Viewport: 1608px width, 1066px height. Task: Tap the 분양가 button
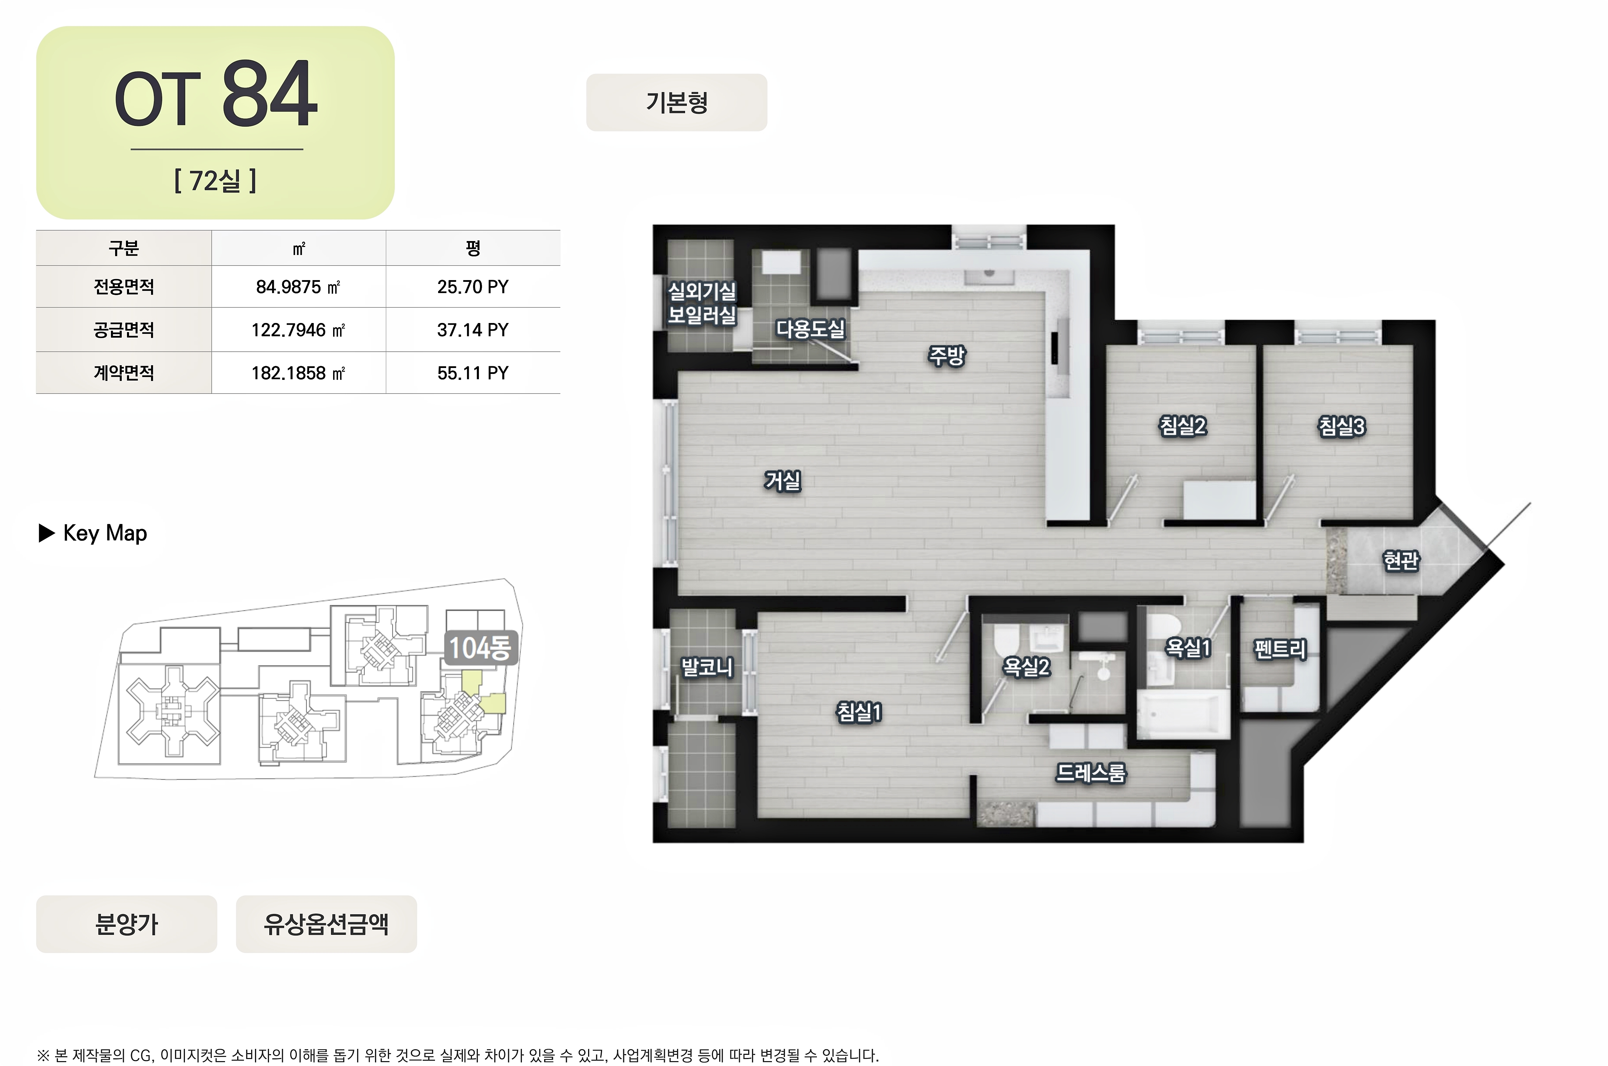[126, 924]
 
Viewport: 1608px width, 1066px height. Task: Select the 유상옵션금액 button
[326, 924]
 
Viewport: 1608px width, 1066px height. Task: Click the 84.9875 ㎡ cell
[298, 287]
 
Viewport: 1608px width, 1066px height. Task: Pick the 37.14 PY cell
[473, 330]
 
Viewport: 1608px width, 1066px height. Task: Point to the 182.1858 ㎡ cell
[298, 373]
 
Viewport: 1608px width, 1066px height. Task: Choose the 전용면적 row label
[124, 287]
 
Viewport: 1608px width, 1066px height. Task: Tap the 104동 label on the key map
[480, 648]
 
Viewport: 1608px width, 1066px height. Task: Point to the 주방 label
[947, 355]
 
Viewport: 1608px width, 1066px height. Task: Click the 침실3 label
[1342, 426]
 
